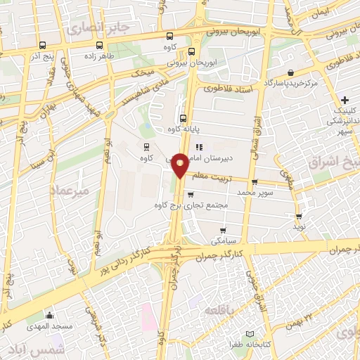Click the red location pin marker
click(x=181, y=165)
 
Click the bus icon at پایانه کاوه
click(x=183, y=118)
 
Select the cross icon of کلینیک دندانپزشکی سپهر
click(x=345, y=99)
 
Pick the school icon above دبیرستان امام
click(x=200, y=147)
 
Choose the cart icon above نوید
click(x=300, y=217)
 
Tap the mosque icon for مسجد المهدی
click(x=49, y=316)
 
